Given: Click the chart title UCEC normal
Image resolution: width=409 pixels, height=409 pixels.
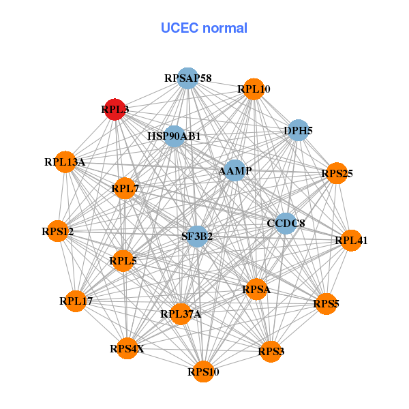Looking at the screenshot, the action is [x=204, y=28].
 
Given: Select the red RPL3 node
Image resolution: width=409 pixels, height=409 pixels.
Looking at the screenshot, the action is [x=115, y=109].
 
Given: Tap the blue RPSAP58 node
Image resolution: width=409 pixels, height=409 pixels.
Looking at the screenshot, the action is [x=187, y=78].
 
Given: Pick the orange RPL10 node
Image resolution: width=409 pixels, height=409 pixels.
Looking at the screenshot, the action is [x=254, y=89].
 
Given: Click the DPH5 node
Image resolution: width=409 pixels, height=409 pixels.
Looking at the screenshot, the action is [x=298, y=130].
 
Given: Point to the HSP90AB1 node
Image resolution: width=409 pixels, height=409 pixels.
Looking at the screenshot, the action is [x=175, y=136].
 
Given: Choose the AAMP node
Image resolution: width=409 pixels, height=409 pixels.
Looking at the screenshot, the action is [x=234, y=170].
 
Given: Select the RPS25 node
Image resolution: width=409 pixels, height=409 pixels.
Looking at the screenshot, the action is [x=337, y=174].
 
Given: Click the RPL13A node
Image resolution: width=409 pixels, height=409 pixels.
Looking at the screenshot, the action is [x=65, y=162].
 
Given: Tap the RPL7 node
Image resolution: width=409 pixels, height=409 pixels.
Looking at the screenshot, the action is [x=125, y=188].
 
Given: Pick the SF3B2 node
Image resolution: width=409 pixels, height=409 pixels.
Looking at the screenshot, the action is [x=197, y=237].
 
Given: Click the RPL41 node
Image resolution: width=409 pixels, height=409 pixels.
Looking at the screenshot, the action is [x=350, y=240].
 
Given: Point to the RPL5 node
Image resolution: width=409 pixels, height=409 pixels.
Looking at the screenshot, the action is [x=123, y=260].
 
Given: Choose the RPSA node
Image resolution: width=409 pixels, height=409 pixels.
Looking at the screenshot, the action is [x=256, y=290].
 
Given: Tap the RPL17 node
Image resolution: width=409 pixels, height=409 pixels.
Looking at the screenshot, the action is [x=76, y=301].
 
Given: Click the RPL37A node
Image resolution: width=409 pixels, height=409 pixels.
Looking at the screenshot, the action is [x=181, y=314].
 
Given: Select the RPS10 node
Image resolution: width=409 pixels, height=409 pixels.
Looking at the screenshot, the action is [x=203, y=372].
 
